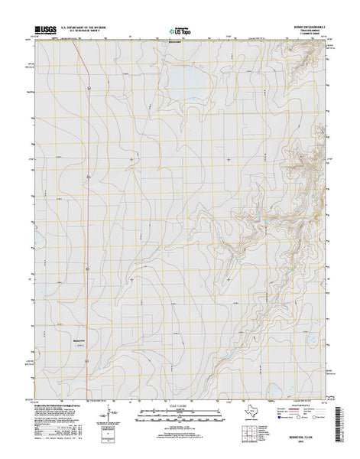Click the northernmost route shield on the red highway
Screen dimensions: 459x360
coord(89,89)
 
